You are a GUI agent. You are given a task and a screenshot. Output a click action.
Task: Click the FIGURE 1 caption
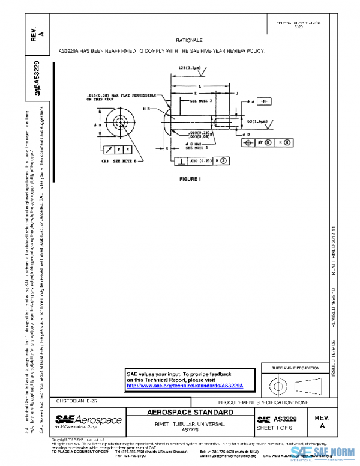tap(190, 179)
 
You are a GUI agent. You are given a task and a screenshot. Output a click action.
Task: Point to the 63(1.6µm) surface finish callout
tap(257, 121)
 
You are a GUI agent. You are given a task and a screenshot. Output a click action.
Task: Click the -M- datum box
tap(266, 102)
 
